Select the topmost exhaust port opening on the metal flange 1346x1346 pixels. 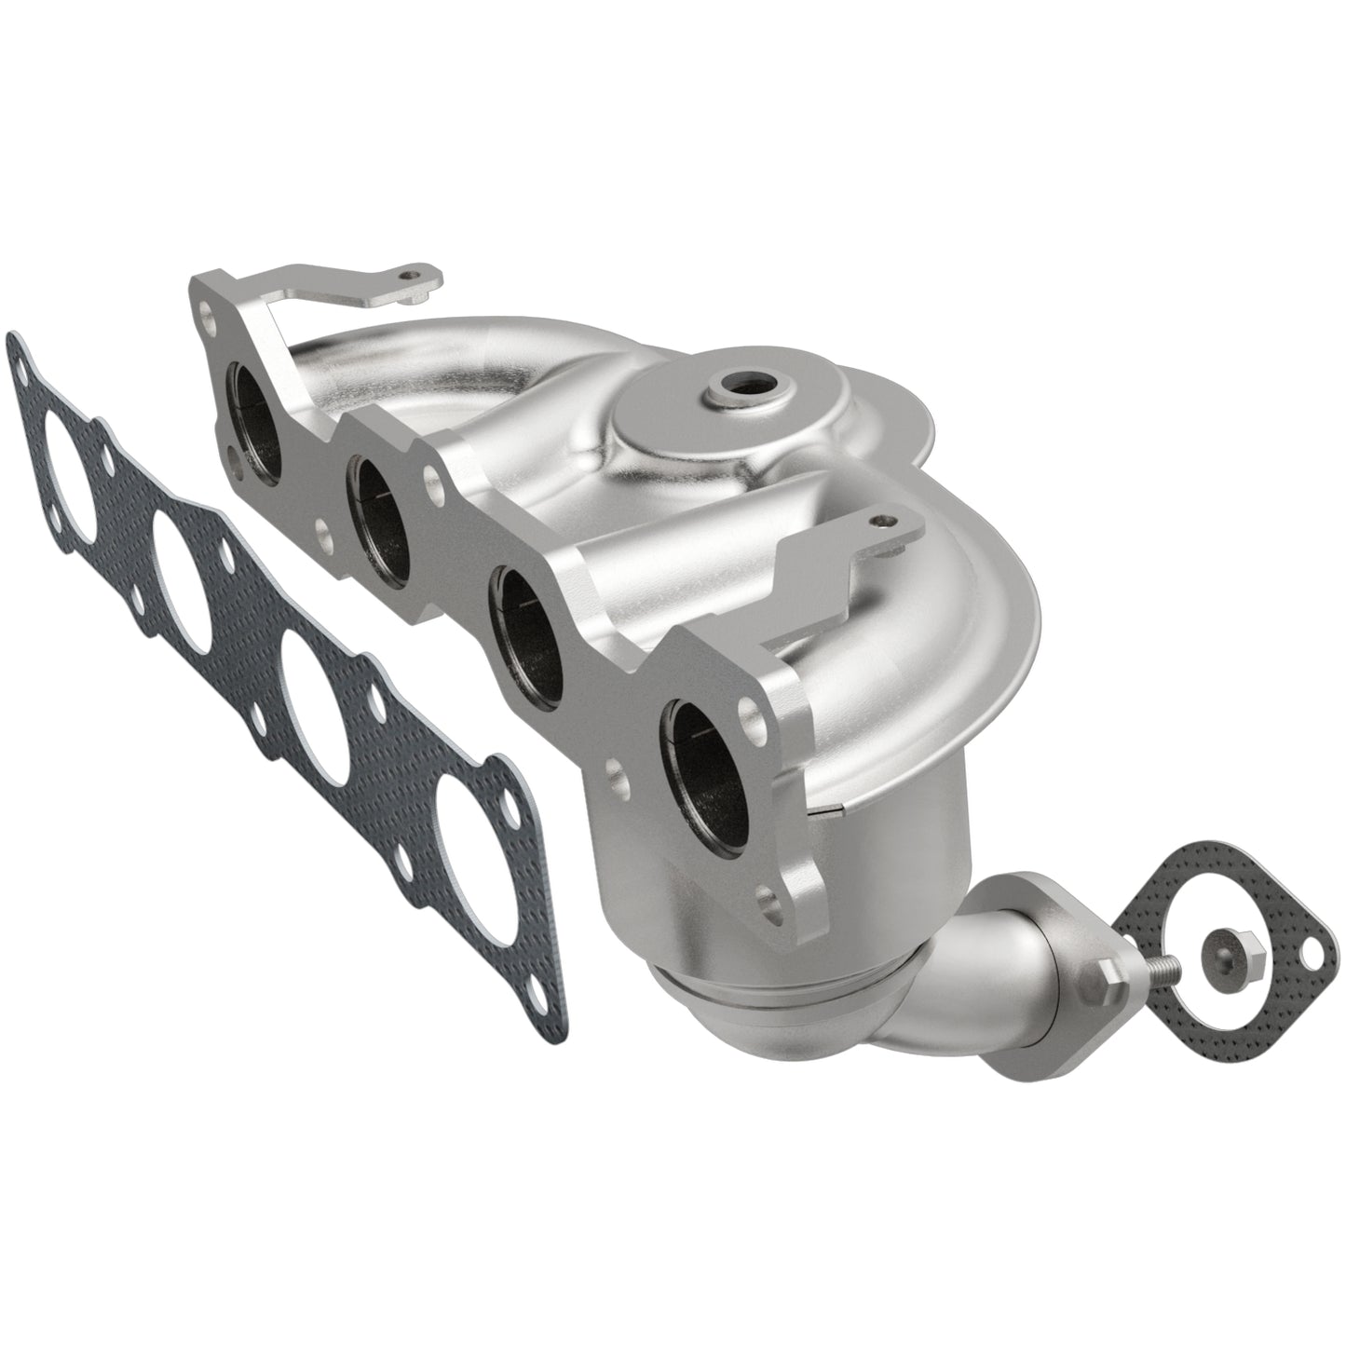pyautogui.click(x=258, y=418)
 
